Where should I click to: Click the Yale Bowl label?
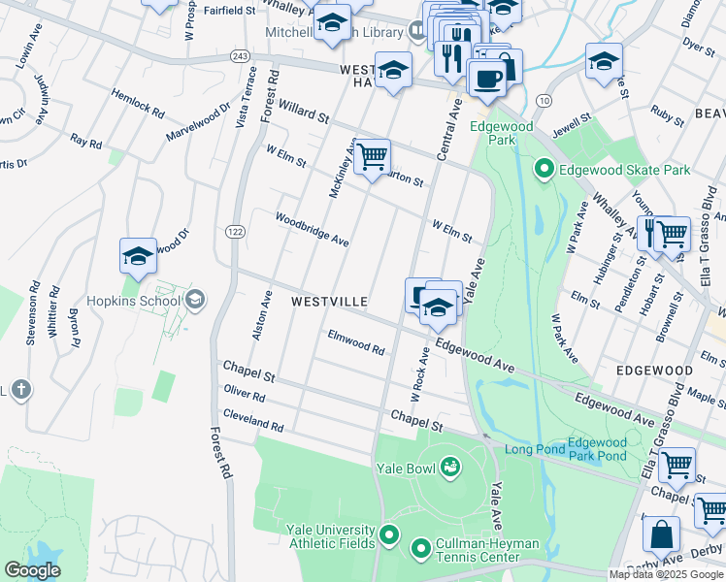point(408,468)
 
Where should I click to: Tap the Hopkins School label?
point(132,300)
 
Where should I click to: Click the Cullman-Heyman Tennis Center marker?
point(420,550)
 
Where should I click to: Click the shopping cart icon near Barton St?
point(371,156)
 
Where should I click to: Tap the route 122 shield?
point(236,231)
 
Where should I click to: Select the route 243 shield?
point(241,55)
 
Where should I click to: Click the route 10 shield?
point(543,101)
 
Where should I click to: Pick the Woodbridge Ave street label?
point(311,229)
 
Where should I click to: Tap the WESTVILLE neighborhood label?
point(329,303)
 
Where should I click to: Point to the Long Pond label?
point(533,448)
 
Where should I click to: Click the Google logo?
point(33,569)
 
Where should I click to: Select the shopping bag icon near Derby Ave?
point(661,535)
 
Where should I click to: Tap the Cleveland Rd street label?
point(252,420)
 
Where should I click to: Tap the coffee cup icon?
point(486,78)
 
